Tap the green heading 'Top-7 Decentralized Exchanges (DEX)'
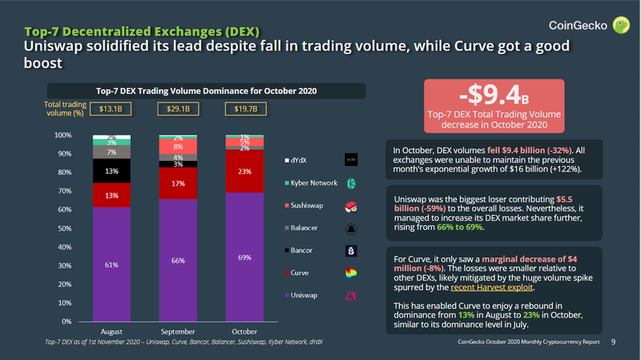141,32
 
